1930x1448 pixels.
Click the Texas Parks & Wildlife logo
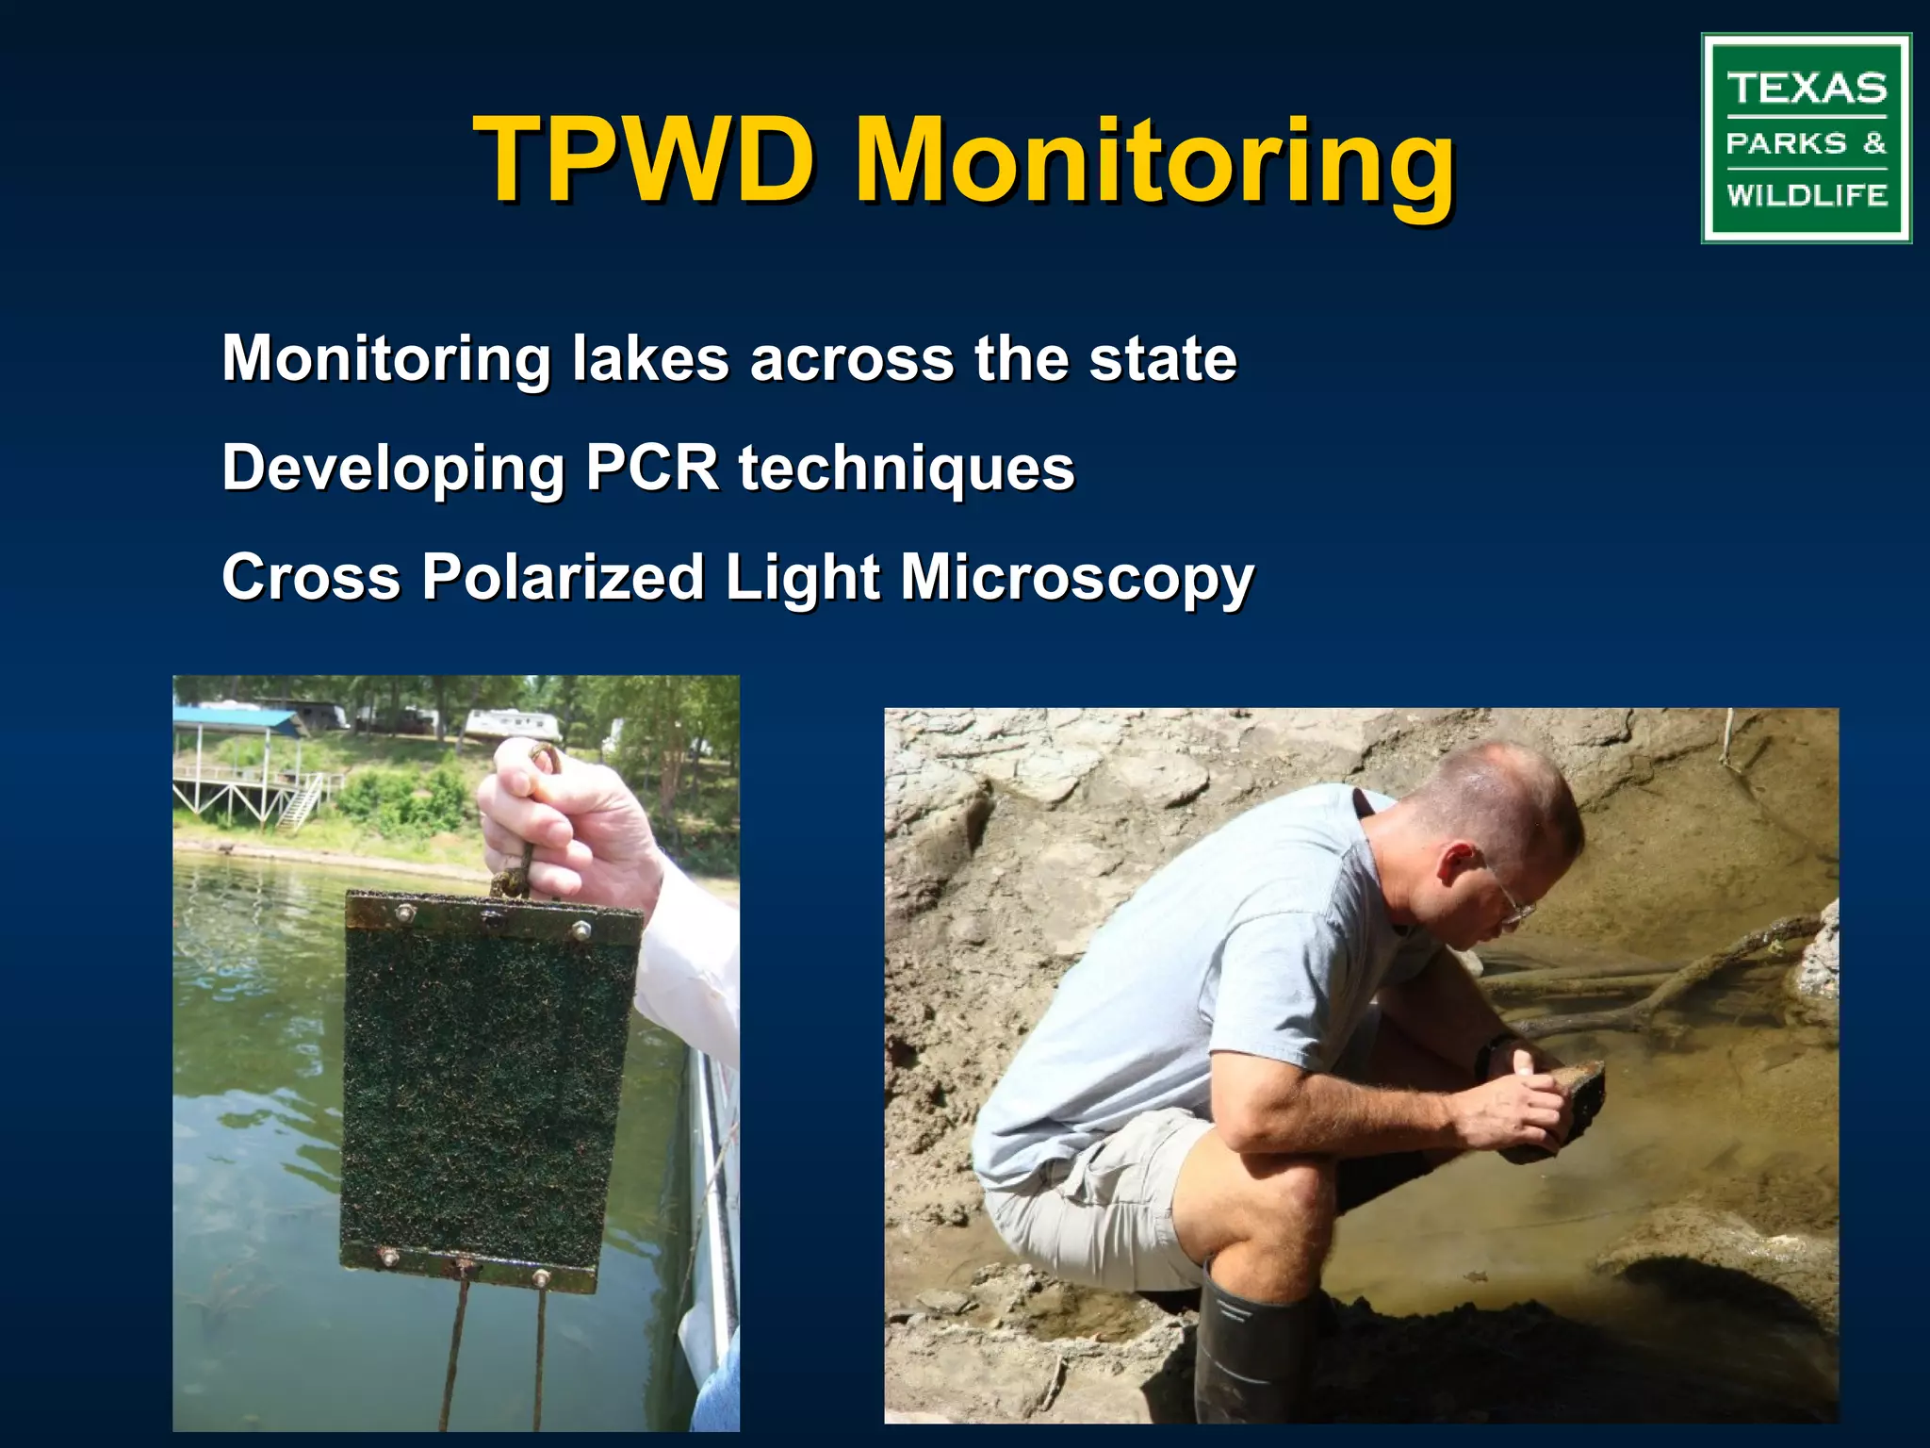(1806, 139)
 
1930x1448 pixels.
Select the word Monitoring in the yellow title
(1153, 162)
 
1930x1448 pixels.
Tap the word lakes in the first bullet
(650, 359)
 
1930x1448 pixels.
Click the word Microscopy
(1076, 578)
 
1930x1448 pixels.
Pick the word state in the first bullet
(1162, 359)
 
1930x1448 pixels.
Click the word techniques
(906, 469)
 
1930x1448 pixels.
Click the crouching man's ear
(1456, 860)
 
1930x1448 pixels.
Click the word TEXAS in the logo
(1807, 89)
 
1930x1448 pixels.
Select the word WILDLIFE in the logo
(1807, 195)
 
